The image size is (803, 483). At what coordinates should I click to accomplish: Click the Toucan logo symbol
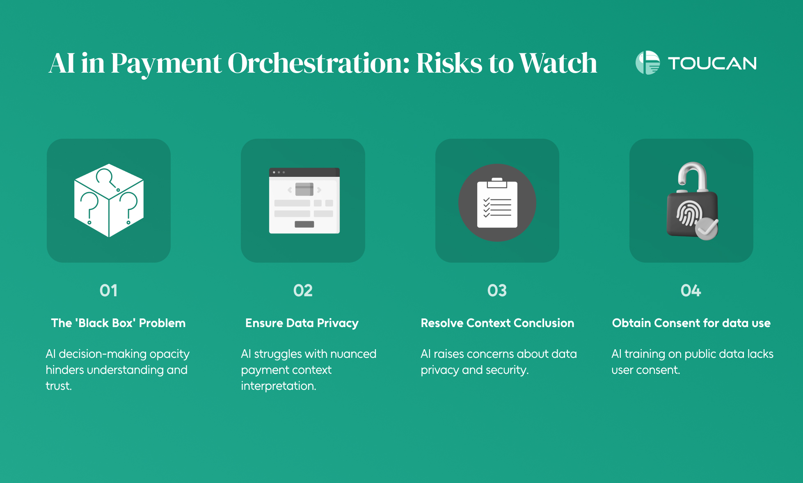click(x=647, y=63)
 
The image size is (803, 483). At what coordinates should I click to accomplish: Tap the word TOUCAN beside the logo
click(x=712, y=63)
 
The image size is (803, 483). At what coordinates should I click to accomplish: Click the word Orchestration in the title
click(x=318, y=63)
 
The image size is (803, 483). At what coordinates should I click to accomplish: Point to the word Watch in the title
click(x=558, y=63)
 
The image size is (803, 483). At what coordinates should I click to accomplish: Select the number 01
click(x=109, y=291)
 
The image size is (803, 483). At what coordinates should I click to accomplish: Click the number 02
click(x=303, y=291)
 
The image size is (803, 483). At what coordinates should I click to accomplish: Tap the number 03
click(x=497, y=291)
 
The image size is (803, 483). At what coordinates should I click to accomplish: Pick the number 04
click(x=691, y=291)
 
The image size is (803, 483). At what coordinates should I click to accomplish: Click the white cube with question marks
click(x=109, y=200)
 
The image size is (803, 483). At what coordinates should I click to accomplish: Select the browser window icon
click(x=304, y=201)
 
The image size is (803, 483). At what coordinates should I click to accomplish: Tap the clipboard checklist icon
click(x=497, y=203)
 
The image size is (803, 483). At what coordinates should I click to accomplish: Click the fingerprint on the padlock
click(x=689, y=213)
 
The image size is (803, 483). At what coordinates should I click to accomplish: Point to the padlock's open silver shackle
click(x=693, y=175)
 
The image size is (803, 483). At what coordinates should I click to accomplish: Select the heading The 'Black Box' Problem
click(x=118, y=323)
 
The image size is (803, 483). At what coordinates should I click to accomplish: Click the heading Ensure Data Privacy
click(x=302, y=323)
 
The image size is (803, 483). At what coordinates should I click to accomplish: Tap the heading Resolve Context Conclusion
click(x=497, y=323)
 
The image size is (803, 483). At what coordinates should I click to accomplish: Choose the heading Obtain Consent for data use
click(x=691, y=323)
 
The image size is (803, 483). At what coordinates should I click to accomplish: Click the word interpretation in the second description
click(x=279, y=386)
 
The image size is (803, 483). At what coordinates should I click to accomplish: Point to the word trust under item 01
click(x=59, y=386)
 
